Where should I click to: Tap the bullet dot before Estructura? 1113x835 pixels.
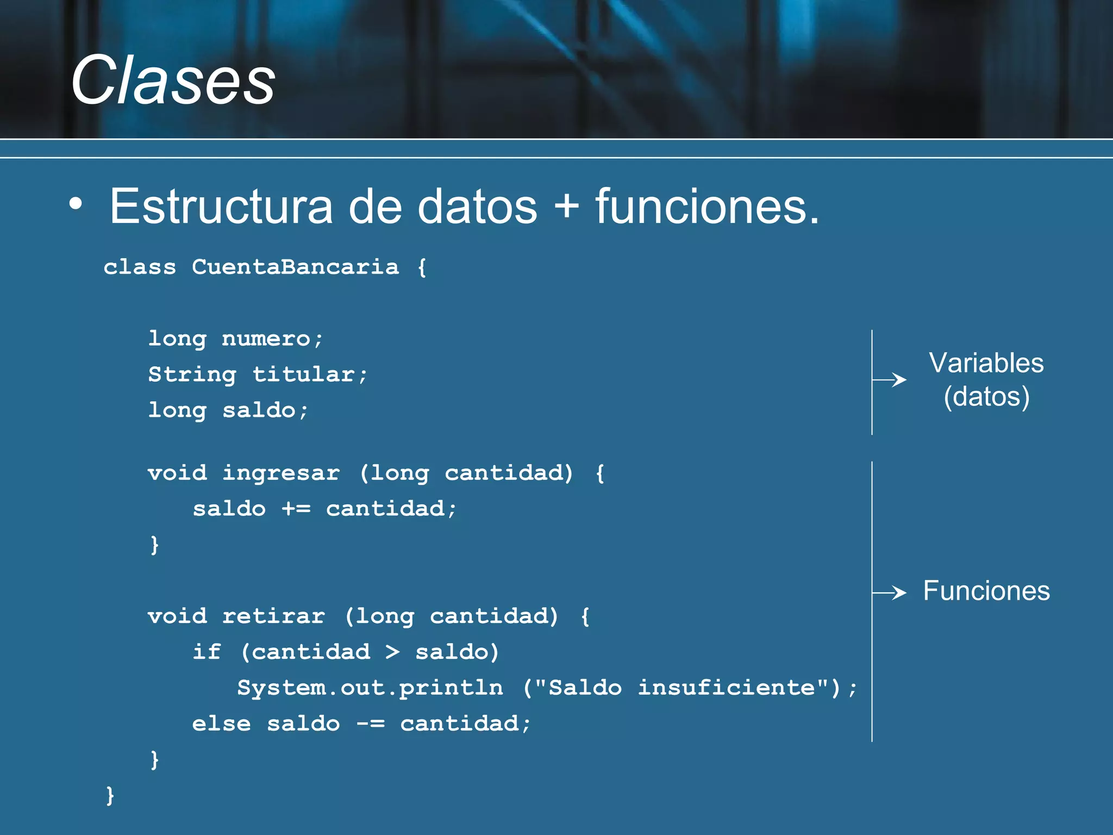pyautogui.click(x=76, y=204)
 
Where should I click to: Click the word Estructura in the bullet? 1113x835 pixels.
pyautogui.click(x=221, y=207)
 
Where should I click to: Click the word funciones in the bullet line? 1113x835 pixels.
pyautogui.click(x=706, y=207)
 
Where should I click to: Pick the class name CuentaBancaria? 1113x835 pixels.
pyautogui.click(x=295, y=267)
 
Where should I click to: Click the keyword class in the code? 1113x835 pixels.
pyautogui.click(x=140, y=267)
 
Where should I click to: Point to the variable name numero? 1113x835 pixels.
pyautogui.click(x=266, y=339)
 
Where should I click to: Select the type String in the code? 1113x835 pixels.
pyautogui.click(x=192, y=375)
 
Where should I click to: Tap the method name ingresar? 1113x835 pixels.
pyautogui.click(x=281, y=473)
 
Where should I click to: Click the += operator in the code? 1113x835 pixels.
pyautogui.click(x=296, y=509)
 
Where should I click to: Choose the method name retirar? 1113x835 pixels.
pyautogui.click(x=273, y=616)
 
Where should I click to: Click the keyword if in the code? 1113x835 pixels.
pyautogui.click(x=207, y=652)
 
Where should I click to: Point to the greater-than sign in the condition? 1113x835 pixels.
pyautogui.click(x=392, y=652)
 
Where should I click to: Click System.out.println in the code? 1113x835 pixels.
pyautogui.click(x=370, y=688)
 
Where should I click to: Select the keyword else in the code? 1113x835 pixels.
pyautogui.click(x=221, y=724)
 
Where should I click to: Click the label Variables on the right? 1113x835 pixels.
pyautogui.click(x=986, y=363)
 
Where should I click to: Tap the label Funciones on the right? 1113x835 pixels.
pyautogui.click(x=986, y=591)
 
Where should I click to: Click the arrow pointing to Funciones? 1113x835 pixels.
pyautogui.click(x=890, y=592)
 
